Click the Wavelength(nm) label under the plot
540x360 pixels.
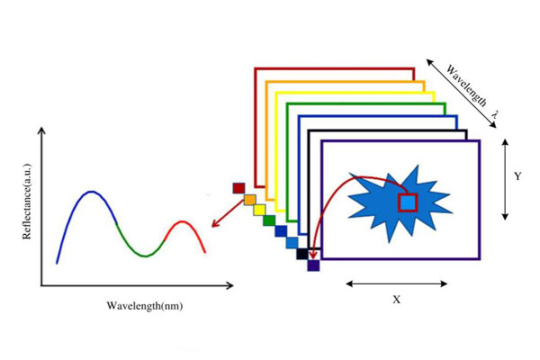point(144,305)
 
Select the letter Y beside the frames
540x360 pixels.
point(517,177)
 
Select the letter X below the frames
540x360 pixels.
point(396,300)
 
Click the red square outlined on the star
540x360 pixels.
point(408,202)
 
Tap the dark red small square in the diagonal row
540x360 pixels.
point(238,188)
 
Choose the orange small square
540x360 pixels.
point(249,199)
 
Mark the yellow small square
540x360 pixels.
point(259,210)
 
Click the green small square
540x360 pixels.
point(269,220)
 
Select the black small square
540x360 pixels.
point(302,254)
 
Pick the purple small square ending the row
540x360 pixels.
point(313,265)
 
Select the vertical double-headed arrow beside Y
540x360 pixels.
point(506,178)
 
